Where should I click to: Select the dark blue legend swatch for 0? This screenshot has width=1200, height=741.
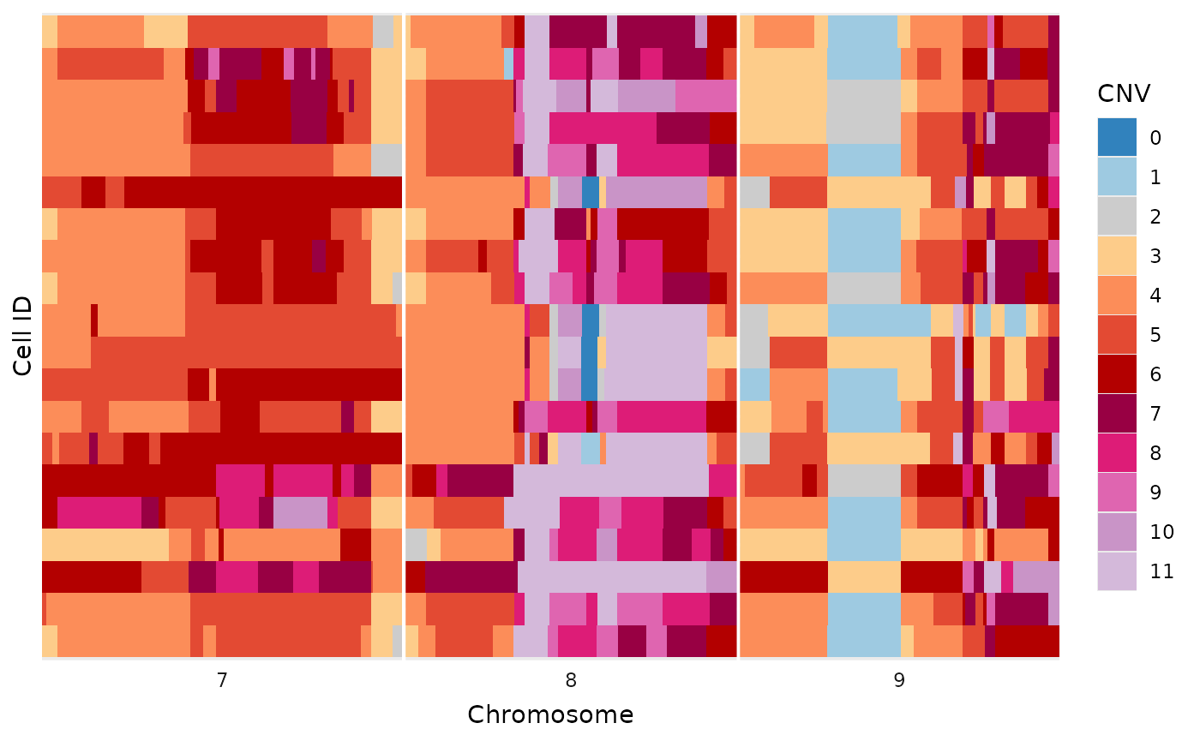(x=1117, y=137)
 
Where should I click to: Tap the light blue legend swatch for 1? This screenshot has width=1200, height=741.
(x=1117, y=176)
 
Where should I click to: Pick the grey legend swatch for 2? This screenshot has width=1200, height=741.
(x=1117, y=216)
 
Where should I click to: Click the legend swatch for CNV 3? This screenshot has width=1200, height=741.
(x=1117, y=255)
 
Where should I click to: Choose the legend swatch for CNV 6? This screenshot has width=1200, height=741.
(x=1117, y=373)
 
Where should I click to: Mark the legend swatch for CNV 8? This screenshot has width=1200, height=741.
(x=1117, y=452)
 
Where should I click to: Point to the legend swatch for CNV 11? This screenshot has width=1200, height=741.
(x=1117, y=571)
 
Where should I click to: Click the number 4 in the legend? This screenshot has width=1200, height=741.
(x=1155, y=296)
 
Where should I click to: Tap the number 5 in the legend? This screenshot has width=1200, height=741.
(x=1155, y=335)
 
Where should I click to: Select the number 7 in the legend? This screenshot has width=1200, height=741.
(x=1155, y=414)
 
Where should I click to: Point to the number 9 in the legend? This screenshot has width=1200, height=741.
(x=1155, y=493)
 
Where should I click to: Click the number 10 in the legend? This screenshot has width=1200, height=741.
(x=1162, y=532)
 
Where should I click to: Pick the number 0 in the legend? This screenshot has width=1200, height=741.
(x=1155, y=138)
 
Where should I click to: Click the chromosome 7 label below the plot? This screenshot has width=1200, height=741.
(x=222, y=681)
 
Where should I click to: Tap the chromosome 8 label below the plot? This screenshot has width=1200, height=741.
(x=571, y=681)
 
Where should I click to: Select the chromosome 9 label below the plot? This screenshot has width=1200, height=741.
(x=899, y=681)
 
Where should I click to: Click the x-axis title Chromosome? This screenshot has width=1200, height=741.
(x=550, y=714)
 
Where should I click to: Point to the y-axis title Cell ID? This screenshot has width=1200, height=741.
(x=23, y=336)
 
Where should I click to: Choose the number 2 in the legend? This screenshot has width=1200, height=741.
(x=1155, y=217)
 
